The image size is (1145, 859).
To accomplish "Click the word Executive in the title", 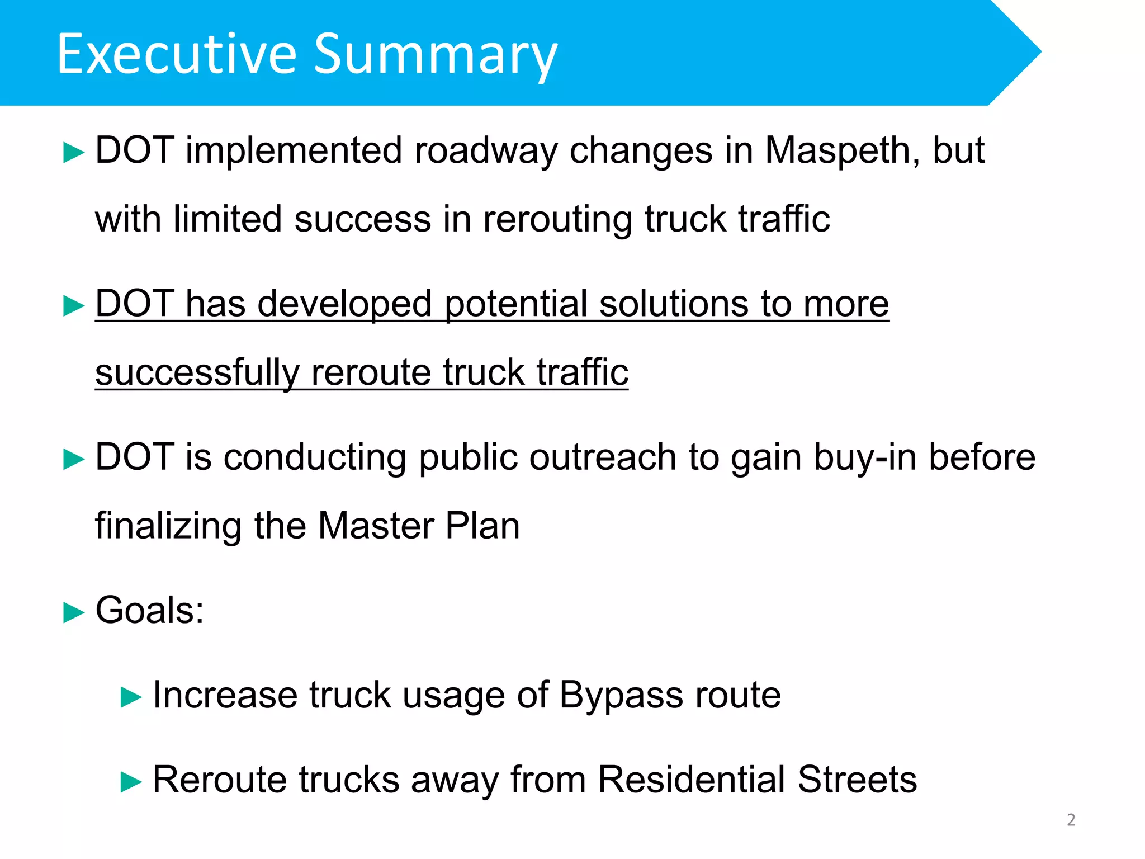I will tap(177, 54).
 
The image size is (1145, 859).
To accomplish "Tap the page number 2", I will tap(1071, 820).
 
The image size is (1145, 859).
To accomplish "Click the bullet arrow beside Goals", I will tap(74, 612).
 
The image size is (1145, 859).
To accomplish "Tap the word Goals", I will tap(149, 611).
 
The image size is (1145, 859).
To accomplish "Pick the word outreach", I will tap(603, 457).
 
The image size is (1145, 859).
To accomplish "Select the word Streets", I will tap(857, 780).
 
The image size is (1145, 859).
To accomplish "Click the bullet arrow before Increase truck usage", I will tap(131, 698).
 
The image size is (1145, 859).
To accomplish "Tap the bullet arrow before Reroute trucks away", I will tap(131, 782).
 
